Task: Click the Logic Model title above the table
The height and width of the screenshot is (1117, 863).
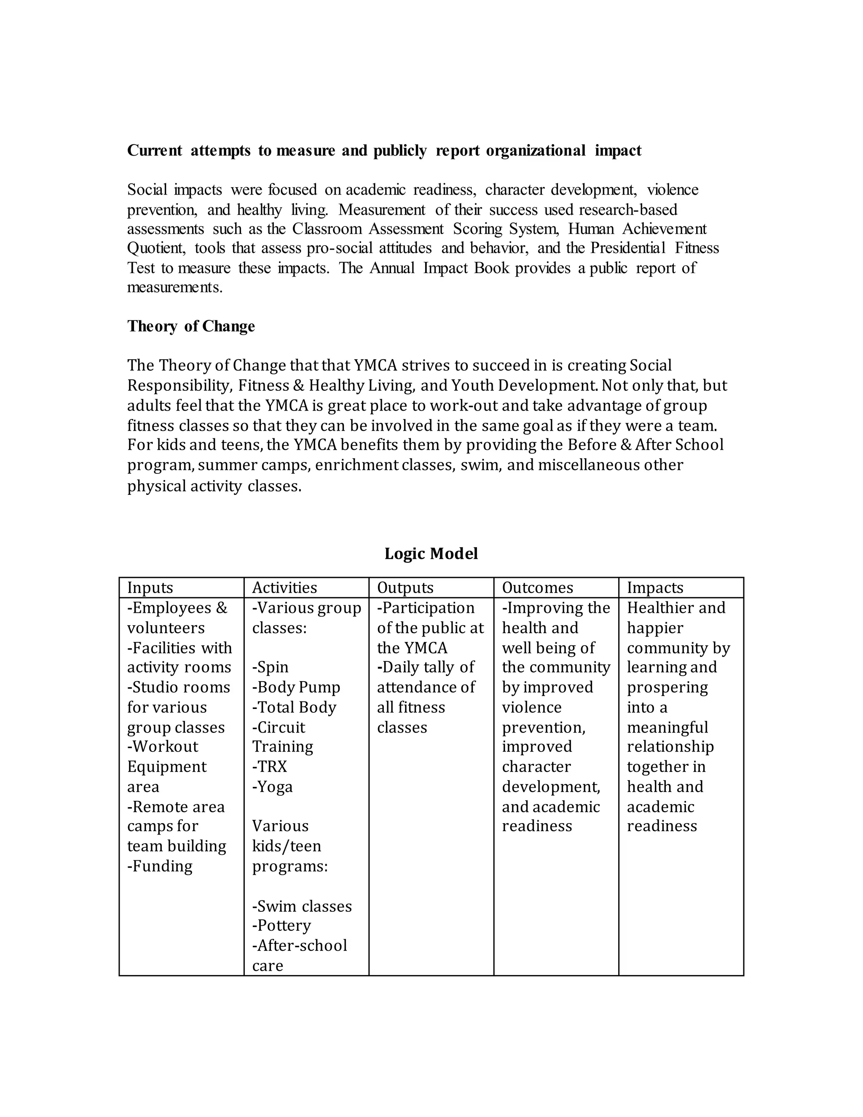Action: click(431, 553)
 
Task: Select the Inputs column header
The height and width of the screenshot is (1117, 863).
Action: click(150, 588)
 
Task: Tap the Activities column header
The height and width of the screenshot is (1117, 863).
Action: click(284, 588)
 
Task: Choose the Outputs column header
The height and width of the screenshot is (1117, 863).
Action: click(405, 588)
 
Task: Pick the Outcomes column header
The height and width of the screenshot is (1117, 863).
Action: click(537, 588)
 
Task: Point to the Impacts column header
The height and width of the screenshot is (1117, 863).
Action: click(655, 588)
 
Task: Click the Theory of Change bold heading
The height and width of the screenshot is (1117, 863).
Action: click(191, 326)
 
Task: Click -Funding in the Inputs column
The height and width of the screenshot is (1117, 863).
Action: click(160, 866)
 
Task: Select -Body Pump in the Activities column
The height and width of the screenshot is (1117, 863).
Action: click(296, 687)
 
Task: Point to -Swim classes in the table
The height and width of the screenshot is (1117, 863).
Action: click(302, 906)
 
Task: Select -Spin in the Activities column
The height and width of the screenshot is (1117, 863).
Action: click(270, 667)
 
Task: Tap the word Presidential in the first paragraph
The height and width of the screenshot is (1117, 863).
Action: click(628, 248)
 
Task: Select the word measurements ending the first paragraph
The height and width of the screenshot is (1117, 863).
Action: click(174, 287)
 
